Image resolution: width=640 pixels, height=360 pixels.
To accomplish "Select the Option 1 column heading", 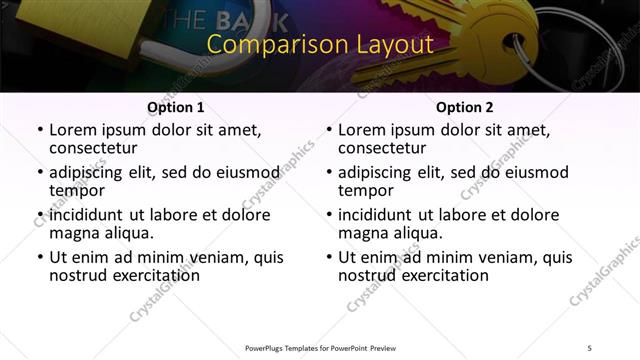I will coord(175,107).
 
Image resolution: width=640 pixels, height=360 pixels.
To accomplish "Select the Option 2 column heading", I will coord(464,107).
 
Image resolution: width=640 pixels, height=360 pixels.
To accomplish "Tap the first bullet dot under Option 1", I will coord(39,131).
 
